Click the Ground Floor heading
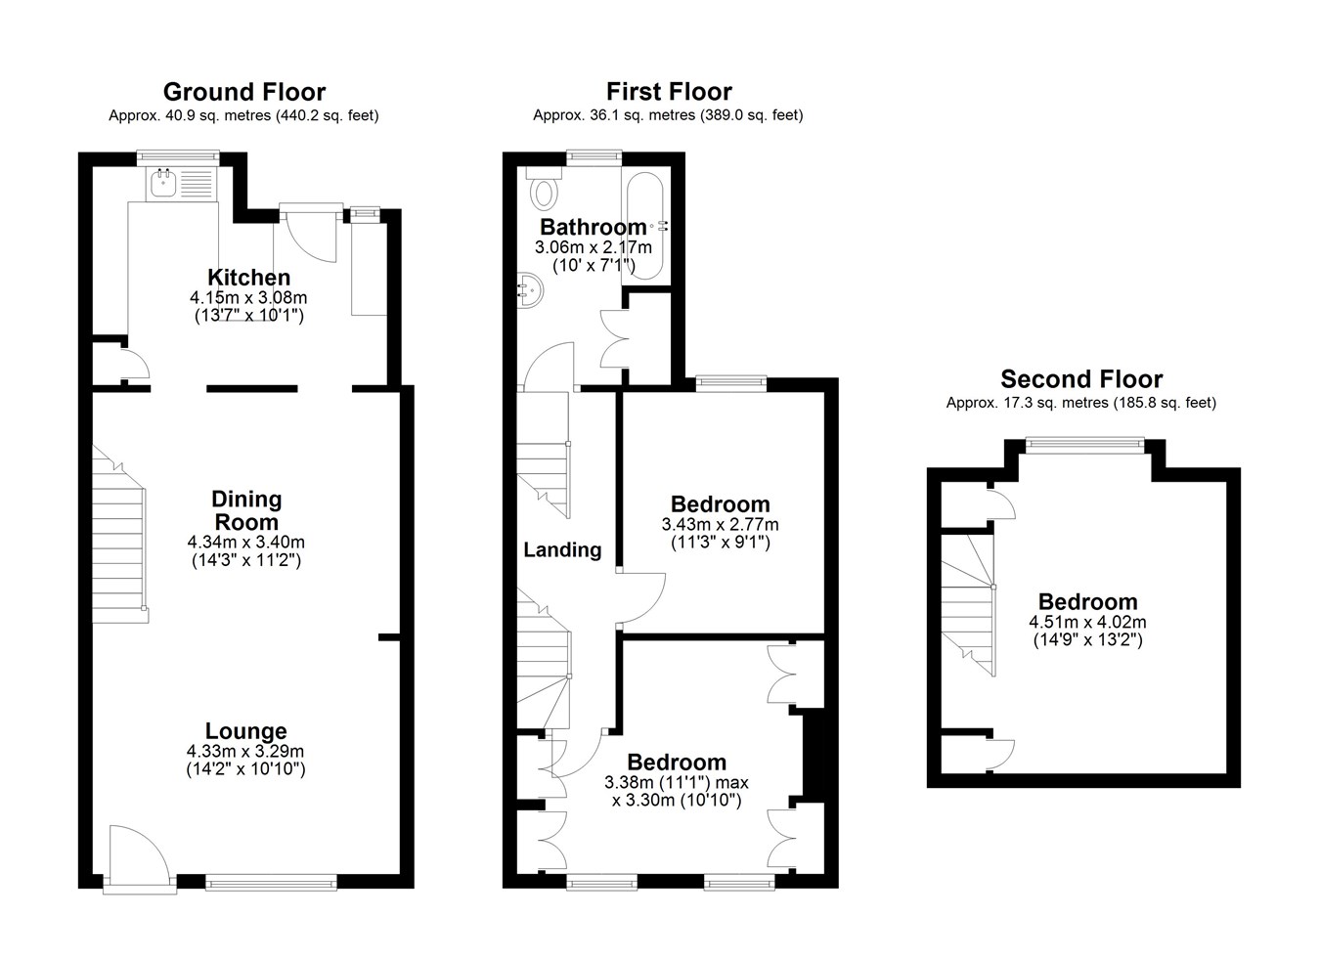244,92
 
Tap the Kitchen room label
248,277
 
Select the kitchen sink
162,183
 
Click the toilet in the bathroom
544,189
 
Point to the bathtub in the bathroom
645,226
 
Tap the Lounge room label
245,731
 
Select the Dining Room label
246,510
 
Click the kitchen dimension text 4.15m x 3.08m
248,297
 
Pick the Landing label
562,549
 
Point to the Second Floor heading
1081,379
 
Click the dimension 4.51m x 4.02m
1088,622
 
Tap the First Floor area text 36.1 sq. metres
642,115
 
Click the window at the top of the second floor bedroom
1085,445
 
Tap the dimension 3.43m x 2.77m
720,524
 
